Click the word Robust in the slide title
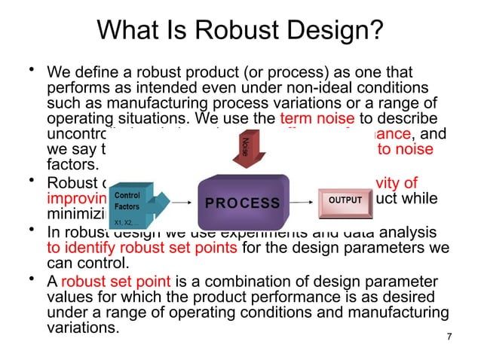point(239,31)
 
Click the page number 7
point(449,336)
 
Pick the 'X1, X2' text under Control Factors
point(123,222)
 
